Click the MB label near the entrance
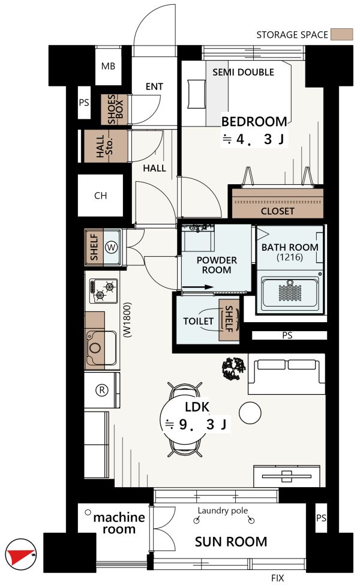[108, 67]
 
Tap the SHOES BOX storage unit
[115, 109]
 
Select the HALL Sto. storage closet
[106, 146]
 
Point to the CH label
[101, 196]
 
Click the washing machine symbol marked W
[112, 247]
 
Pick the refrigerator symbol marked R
[102, 390]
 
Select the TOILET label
[198, 322]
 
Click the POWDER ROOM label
[217, 265]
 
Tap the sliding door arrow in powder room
[197, 287]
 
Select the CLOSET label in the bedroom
[277, 211]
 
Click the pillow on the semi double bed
[196, 94]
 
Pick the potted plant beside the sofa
[233, 368]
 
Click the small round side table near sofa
[250, 413]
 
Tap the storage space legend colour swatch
[341, 35]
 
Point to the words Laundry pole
[223, 511]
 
